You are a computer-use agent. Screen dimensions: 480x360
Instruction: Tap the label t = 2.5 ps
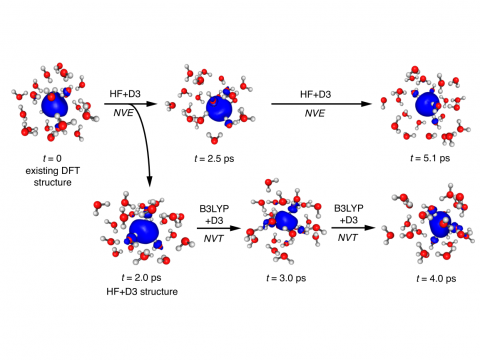pos(218,157)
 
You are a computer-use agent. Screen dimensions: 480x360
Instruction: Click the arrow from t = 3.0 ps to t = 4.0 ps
pos(361,227)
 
